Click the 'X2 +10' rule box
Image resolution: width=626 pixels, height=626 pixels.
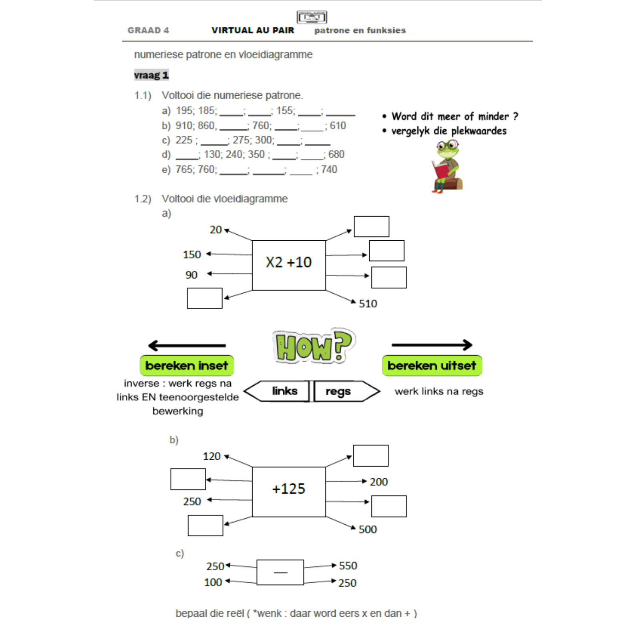[x=288, y=265]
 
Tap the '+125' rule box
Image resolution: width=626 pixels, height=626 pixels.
[x=288, y=491]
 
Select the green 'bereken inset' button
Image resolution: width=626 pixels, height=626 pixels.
[x=187, y=365]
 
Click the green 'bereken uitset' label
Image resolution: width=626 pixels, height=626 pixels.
[x=432, y=365]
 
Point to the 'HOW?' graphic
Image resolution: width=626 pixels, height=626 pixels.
[x=313, y=346]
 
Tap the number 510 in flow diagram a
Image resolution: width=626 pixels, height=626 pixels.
[x=368, y=304]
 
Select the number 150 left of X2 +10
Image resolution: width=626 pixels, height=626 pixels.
[x=192, y=254]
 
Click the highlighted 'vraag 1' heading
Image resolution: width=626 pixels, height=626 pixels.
[x=151, y=75]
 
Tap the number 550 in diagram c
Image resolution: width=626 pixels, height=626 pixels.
[x=348, y=566]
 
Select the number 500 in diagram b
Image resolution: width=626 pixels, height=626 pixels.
[x=367, y=529]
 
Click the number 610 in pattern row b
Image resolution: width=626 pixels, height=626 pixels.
[x=338, y=126]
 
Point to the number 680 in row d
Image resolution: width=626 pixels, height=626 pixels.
[x=336, y=154]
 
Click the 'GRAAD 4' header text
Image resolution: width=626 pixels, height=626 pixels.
[x=148, y=30]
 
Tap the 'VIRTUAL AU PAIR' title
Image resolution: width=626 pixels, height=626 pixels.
[x=253, y=30]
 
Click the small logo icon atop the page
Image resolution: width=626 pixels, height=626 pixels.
[x=312, y=17]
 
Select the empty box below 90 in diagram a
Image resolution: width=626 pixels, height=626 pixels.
[x=205, y=298]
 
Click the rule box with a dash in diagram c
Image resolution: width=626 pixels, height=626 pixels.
[x=280, y=572]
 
